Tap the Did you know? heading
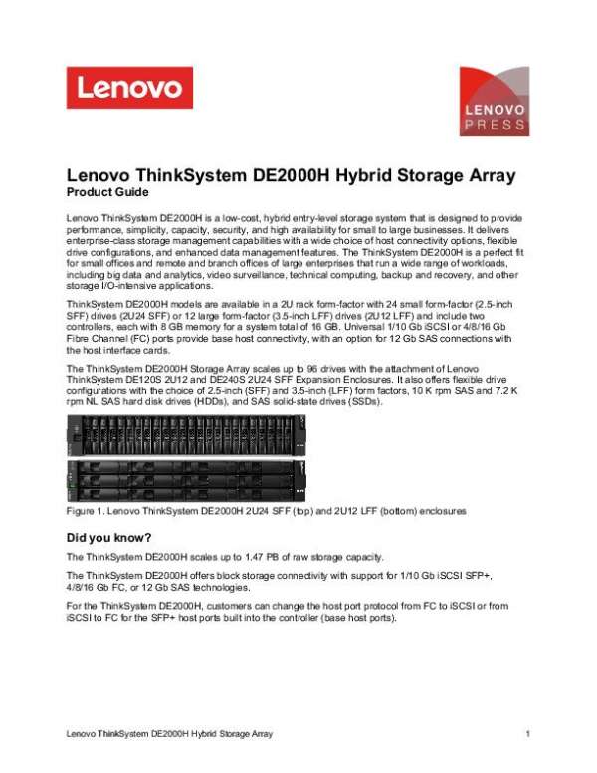coord(108,538)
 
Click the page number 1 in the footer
coord(527,733)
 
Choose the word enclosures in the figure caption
coord(434,510)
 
